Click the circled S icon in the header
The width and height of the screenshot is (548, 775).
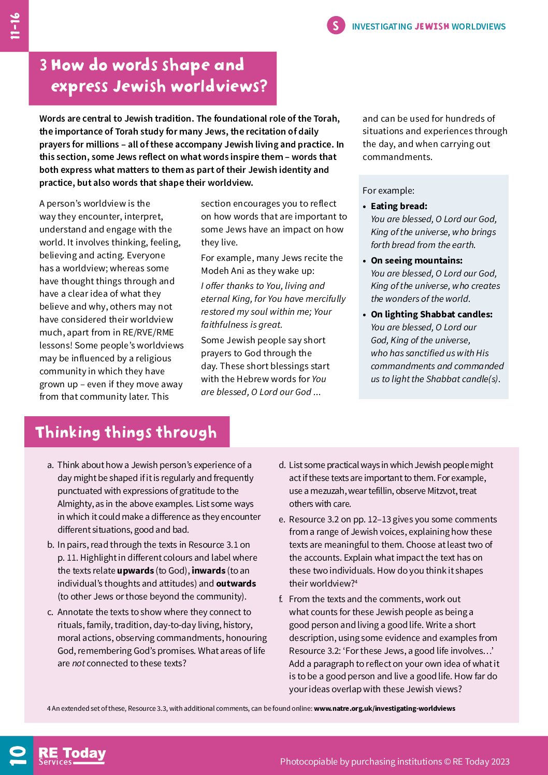click(336, 25)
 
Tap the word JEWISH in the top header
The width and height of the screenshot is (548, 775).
click(431, 26)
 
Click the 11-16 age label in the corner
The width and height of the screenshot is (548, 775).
click(15, 26)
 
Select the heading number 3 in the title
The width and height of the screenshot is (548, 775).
click(44, 65)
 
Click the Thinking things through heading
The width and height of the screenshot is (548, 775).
click(126, 432)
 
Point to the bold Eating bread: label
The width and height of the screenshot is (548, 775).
click(399, 206)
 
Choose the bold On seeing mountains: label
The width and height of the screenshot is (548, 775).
click(416, 260)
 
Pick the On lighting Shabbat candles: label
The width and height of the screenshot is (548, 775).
click(431, 314)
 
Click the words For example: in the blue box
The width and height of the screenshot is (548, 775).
click(388, 191)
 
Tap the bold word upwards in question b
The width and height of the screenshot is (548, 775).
click(135, 571)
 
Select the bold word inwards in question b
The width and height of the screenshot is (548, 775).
click(208, 571)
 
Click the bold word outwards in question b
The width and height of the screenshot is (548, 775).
click(236, 583)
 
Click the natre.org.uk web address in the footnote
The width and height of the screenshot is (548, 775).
click(384, 708)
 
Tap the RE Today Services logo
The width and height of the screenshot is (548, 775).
click(72, 756)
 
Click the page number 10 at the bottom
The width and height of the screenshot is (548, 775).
click(17, 756)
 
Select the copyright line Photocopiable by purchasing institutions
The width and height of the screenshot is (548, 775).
click(395, 762)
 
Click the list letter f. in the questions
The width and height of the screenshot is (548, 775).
click(281, 599)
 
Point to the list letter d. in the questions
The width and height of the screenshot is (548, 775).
click(282, 465)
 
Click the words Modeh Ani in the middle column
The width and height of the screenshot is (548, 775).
click(221, 271)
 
